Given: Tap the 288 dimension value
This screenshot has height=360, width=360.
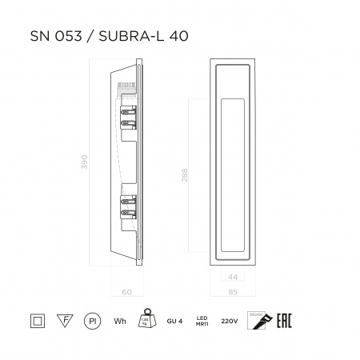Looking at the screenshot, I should [x=185, y=178].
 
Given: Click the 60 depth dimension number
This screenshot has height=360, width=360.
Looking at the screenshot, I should [x=126, y=291].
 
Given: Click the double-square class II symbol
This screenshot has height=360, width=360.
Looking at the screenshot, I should [x=35, y=322].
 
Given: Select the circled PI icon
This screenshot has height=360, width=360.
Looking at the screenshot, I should [x=92, y=322].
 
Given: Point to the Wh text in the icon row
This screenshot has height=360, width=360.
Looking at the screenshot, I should [x=120, y=322].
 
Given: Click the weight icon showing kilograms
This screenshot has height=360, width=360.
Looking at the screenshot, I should [x=147, y=319].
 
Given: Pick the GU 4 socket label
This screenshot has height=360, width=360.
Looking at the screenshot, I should [x=177, y=322].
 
